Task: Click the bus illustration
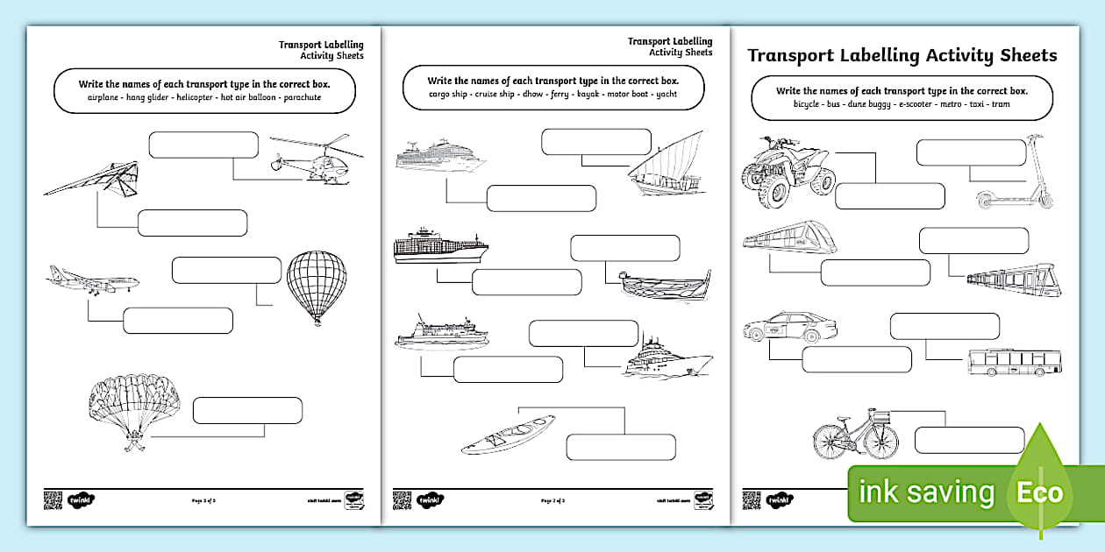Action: pos(1013,362)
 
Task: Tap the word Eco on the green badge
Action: pos(1039,492)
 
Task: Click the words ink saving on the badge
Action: pos(927,493)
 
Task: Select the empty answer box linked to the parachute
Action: pos(247,410)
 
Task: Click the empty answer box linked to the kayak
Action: pos(621,447)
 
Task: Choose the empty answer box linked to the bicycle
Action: pos(969,440)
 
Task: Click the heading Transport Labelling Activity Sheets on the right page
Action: pos(902,56)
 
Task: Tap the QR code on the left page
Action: pos(53,500)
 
